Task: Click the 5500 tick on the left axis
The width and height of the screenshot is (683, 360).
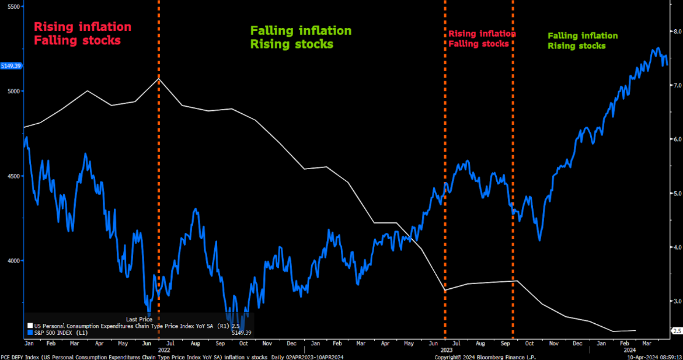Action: tap(12, 6)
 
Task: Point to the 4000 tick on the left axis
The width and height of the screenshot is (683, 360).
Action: tap(12, 261)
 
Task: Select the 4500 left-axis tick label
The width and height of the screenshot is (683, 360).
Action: tap(12, 176)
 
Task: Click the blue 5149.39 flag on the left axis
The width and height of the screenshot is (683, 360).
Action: tap(11, 66)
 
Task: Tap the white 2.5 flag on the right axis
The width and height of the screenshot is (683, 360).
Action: tap(677, 331)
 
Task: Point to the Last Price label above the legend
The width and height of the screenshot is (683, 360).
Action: tap(139, 319)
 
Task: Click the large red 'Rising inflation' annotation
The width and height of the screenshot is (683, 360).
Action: tap(82, 27)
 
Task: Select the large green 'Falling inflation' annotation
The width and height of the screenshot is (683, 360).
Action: tap(301, 30)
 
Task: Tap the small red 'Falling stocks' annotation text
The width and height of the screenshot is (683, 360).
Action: tap(479, 44)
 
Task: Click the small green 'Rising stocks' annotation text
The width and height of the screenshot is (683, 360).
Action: tap(576, 46)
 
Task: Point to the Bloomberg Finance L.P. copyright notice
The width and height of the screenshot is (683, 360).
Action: tap(485, 356)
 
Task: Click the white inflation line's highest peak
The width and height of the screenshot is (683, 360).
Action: tap(159, 78)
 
